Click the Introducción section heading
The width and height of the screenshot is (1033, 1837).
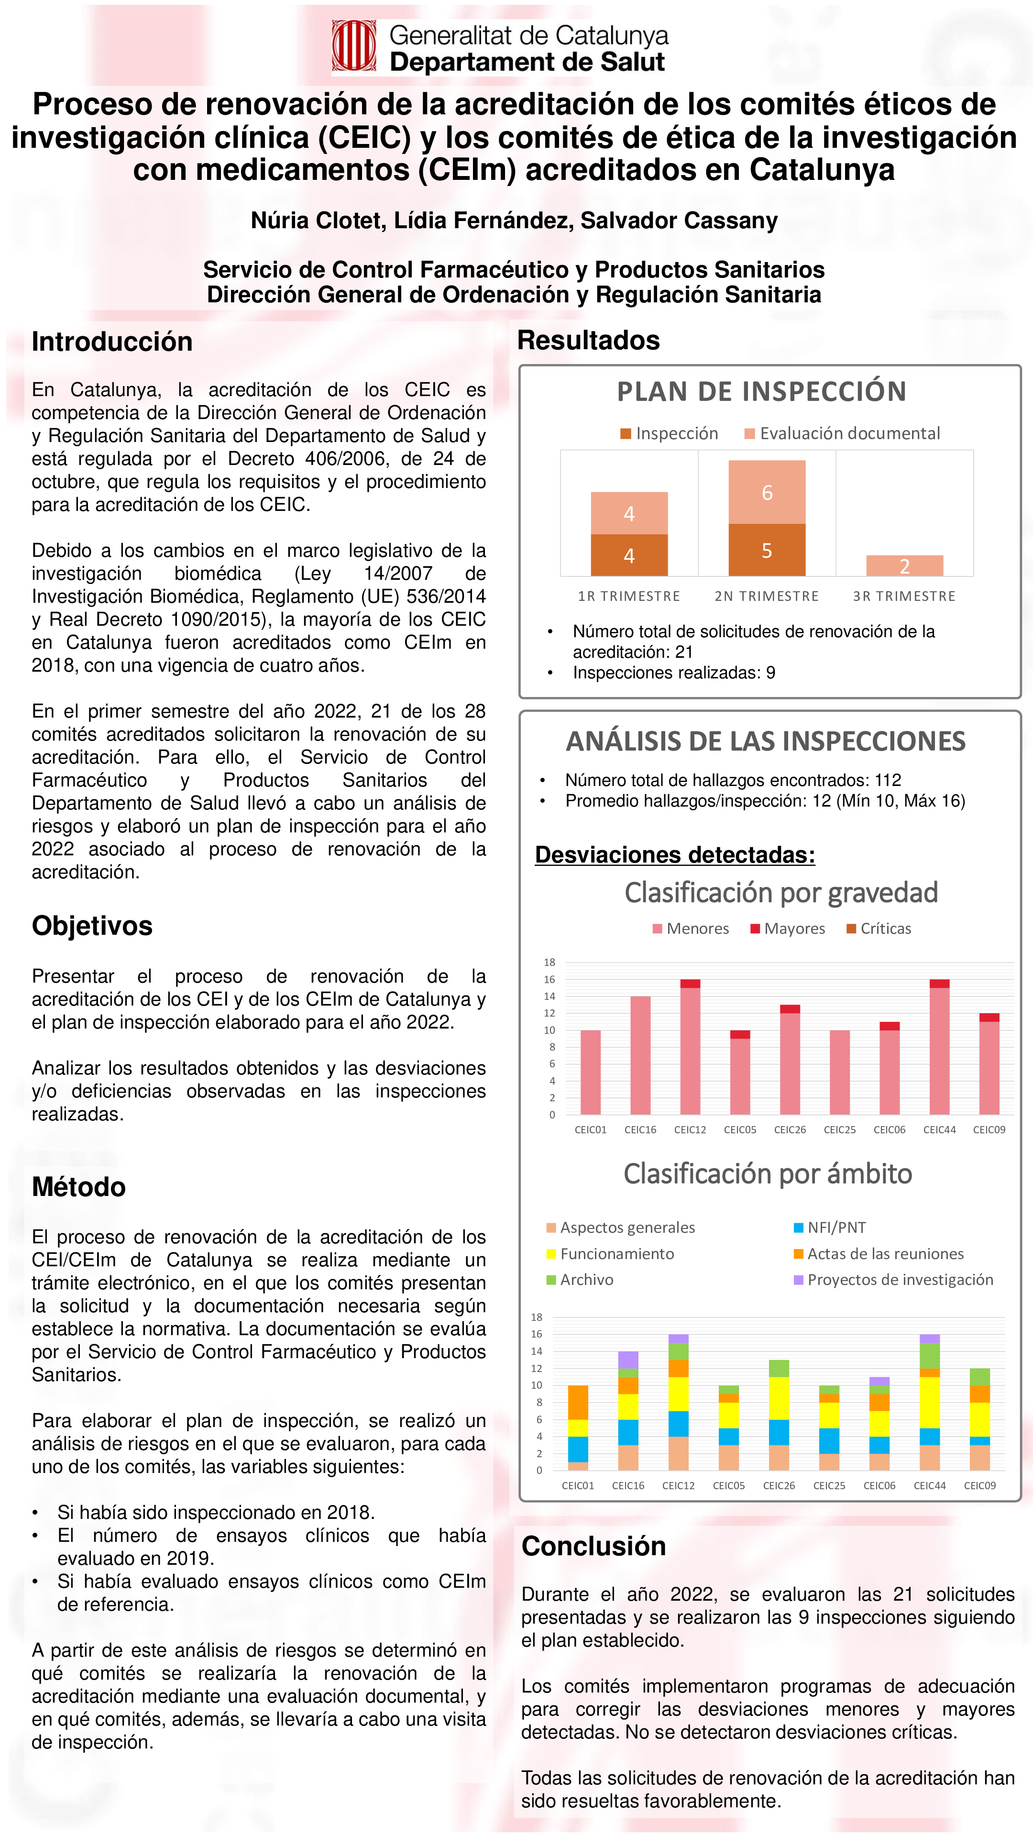tap(112, 342)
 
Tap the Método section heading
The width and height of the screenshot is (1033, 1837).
tap(78, 1186)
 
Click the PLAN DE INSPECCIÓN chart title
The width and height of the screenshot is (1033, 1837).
tap(761, 391)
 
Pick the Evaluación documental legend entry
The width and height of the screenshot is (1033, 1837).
tap(843, 433)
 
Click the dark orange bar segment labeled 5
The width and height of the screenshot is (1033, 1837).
tap(766, 550)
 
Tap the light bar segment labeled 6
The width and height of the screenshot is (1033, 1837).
tap(766, 492)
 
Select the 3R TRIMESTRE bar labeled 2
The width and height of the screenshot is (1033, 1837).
tap(904, 565)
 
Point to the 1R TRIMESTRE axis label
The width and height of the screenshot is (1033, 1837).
tap(629, 596)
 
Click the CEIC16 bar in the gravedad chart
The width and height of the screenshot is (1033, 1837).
tap(640, 1055)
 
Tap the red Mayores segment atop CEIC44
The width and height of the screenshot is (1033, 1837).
tap(939, 984)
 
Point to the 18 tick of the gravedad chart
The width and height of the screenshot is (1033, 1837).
tap(549, 962)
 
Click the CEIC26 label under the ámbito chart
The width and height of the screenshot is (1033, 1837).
tap(779, 1485)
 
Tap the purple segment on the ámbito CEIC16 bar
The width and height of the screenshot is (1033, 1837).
tap(628, 1359)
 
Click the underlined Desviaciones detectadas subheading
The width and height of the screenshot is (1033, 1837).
tap(674, 854)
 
